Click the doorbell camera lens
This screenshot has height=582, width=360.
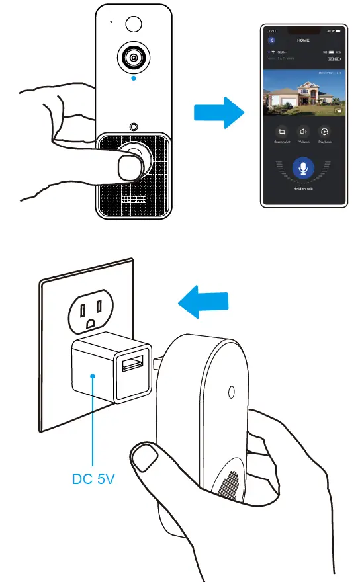point(134,58)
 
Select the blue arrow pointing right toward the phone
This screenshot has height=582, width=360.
point(218,113)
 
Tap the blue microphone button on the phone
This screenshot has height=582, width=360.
point(303,168)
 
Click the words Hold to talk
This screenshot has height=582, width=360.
point(303,189)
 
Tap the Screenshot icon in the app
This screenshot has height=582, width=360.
point(281,132)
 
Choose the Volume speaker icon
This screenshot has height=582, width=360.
point(302,132)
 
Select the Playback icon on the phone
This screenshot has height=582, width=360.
point(324,132)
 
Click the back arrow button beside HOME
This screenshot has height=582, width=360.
point(271,40)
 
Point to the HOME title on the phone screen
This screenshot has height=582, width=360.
point(304,40)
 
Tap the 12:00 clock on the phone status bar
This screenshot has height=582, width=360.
point(273,30)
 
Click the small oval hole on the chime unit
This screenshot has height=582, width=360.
point(230,392)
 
